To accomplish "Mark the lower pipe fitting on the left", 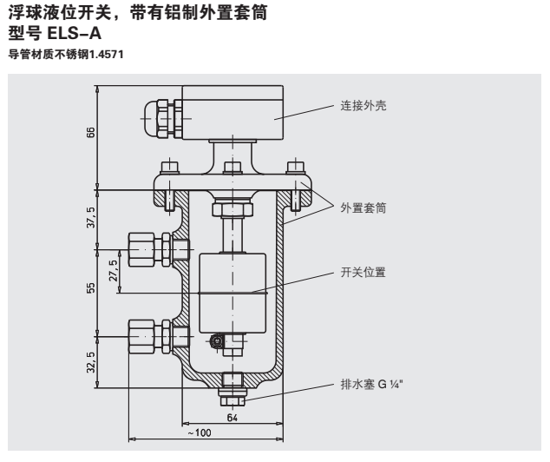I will point(148,333).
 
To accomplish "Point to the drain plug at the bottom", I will point(232,390).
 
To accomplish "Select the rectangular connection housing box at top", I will point(232,110).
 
